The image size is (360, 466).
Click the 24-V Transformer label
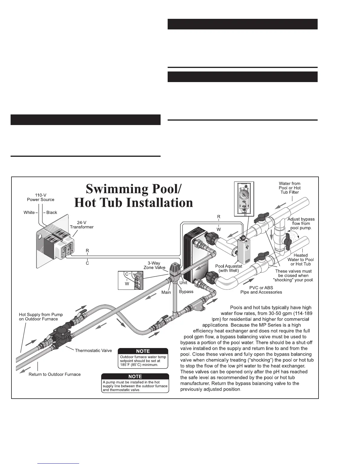coord(81,224)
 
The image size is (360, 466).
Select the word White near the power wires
coord(29,212)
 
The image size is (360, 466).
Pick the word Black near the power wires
coord(52,212)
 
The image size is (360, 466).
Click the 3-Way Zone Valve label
coord(154,265)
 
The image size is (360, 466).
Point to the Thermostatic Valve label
coord(93,350)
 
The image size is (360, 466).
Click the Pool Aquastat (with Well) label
coord(229,268)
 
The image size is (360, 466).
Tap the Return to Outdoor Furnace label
coord(54,374)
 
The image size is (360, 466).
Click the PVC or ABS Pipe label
coord(261,290)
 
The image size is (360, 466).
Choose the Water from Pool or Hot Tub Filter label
coord(289,188)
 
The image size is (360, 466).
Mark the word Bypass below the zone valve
coord(186,292)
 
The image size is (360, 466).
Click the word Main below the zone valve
coord(166,292)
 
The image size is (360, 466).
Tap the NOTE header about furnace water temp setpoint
coord(143,351)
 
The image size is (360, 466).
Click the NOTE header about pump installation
coord(135,376)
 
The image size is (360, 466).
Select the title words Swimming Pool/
coord(131,189)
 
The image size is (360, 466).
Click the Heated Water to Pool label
coord(300,259)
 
